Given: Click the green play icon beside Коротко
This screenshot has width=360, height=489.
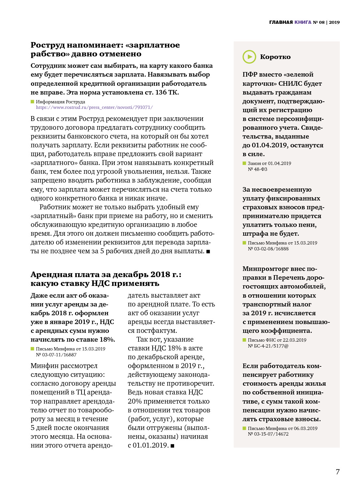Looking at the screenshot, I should (249, 57).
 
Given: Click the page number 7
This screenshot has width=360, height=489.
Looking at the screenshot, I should (337, 472).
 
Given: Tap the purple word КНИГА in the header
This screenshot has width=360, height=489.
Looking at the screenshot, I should (303, 22).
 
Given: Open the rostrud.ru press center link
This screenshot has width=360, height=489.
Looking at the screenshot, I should (94, 107).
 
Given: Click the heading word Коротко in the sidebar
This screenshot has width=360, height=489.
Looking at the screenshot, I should (275, 57).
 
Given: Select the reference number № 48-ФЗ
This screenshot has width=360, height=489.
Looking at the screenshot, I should (257, 169).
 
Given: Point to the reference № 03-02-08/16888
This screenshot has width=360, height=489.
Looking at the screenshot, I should (268, 249).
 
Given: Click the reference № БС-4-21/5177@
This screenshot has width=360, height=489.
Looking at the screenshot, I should (268, 346).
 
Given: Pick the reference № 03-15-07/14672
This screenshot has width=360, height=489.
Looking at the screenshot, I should (268, 434).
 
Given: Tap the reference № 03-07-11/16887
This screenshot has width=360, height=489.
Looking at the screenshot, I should (56, 355).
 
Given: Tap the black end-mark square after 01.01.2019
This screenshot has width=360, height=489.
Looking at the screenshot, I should (172, 446).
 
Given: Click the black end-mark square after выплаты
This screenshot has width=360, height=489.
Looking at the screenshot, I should (208, 252).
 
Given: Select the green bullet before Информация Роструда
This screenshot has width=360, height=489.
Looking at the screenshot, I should (32, 102).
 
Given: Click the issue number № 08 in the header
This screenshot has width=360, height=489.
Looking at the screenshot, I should (319, 22).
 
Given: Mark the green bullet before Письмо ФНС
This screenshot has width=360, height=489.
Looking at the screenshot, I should (244, 340).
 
